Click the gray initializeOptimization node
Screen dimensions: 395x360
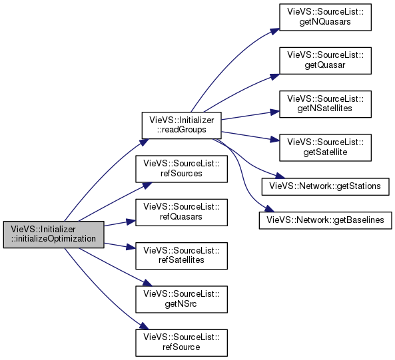tap(53, 234)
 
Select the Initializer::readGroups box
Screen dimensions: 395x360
tap(181, 125)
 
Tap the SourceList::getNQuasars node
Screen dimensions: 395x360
tap(325, 17)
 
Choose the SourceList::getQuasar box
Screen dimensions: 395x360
tap(325, 61)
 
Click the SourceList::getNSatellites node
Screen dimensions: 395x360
tap(325, 104)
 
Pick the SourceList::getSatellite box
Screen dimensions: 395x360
tap(325, 148)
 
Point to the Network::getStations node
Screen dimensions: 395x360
tap(325, 186)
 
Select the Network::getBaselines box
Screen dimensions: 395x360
tap(325, 220)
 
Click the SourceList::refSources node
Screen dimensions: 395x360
tap(181, 169)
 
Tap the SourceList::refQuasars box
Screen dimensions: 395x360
tap(181, 212)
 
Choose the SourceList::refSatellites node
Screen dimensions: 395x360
tap(181, 256)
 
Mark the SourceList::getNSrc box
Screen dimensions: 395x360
tap(181, 299)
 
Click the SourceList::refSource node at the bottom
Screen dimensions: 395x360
tap(181, 343)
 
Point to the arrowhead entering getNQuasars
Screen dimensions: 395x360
tap(274, 31)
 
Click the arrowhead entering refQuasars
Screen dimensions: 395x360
tap(131, 222)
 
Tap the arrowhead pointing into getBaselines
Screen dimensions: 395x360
tap(269, 209)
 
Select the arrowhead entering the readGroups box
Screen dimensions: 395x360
tap(144, 142)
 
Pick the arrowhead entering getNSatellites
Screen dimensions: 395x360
tap(275, 112)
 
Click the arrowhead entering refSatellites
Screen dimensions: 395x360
tap(131, 247)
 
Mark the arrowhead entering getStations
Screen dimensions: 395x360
tap(280, 176)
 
